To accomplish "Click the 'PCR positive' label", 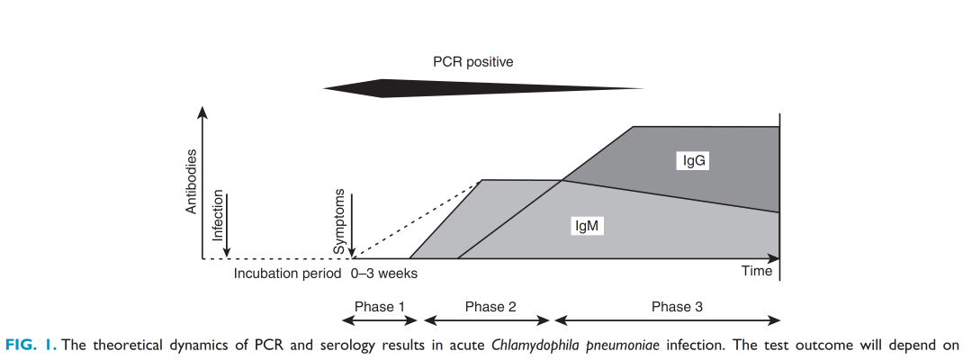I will [x=472, y=61].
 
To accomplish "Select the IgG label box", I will [x=694, y=161].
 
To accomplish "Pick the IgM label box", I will [x=587, y=227].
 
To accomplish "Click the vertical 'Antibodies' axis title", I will [x=191, y=182].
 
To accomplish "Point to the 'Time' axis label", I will [x=757, y=271].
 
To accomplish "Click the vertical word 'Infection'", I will [x=217, y=220].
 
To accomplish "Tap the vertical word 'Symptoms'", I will [x=341, y=220].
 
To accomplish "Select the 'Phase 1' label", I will [x=380, y=306].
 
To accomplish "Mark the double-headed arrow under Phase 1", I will [x=381, y=320].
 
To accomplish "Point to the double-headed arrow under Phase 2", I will [x=487, y=320].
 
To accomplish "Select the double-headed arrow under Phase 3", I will [x=667, y=320].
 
